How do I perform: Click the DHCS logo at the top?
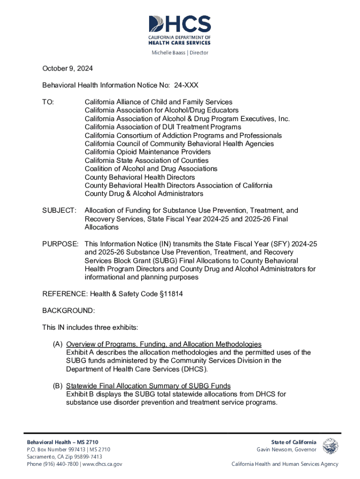click(x=180, y=29)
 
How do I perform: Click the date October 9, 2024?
click(x=67, y=69)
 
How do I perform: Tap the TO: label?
click(x=48, y=102)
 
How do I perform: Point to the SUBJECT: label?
click(x=59, y=210)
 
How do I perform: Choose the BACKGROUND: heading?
click(x=68, y=311)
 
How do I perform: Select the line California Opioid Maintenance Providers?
click(x=147, y=152)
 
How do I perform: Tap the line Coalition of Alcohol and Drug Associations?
click(x=151, y=168)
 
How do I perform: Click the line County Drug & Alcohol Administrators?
click(x=144, y=194)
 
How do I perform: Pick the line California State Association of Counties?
click(x=146, y=160)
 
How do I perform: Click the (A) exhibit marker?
click(x=58, y=344)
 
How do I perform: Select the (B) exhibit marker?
click(x=58, y=386)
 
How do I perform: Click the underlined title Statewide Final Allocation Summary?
click(x=148, y=386)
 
